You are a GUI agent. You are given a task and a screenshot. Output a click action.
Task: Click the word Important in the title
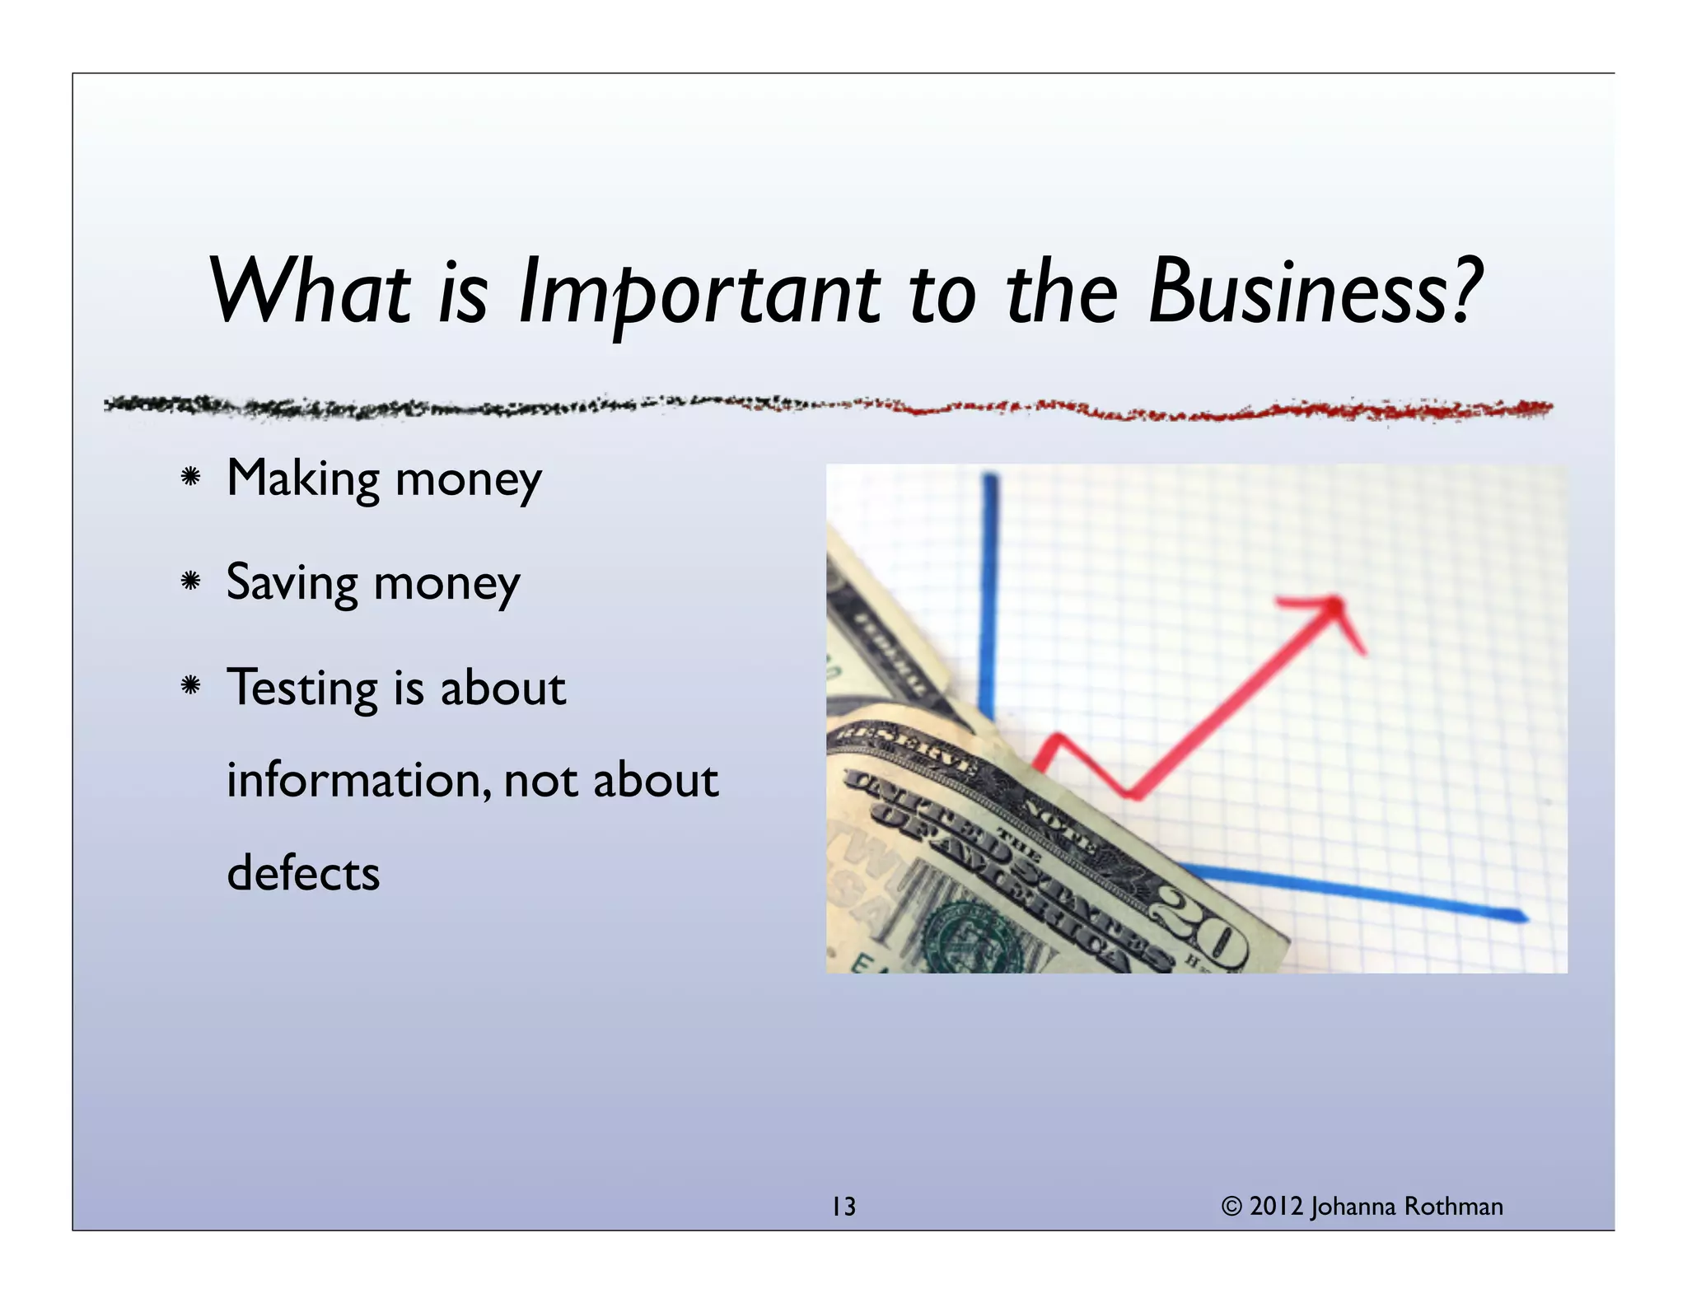[699, 292]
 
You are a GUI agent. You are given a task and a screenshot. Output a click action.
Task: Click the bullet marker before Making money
[191, 477]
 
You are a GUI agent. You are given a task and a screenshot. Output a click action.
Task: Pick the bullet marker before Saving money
[191, 581]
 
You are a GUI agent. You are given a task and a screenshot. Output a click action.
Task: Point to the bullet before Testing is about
[191, 685]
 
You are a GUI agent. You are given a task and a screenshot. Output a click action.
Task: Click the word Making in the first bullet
[302, 479]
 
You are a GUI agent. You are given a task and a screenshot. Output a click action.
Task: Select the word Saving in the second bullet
[292, 583]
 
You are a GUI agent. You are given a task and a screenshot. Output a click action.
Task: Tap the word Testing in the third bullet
[302, 688]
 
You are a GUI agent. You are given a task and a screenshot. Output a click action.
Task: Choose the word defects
[303, 873]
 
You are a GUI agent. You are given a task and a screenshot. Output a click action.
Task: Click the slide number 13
[843, 1207]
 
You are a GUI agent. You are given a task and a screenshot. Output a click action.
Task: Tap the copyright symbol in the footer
[1231, 1207]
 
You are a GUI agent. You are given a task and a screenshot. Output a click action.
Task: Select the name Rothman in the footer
[1453, 1207]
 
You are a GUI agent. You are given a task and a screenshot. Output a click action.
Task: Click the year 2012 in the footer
[1276, 1207]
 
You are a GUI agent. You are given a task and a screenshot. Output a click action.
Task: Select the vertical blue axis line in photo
[990, 593]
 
